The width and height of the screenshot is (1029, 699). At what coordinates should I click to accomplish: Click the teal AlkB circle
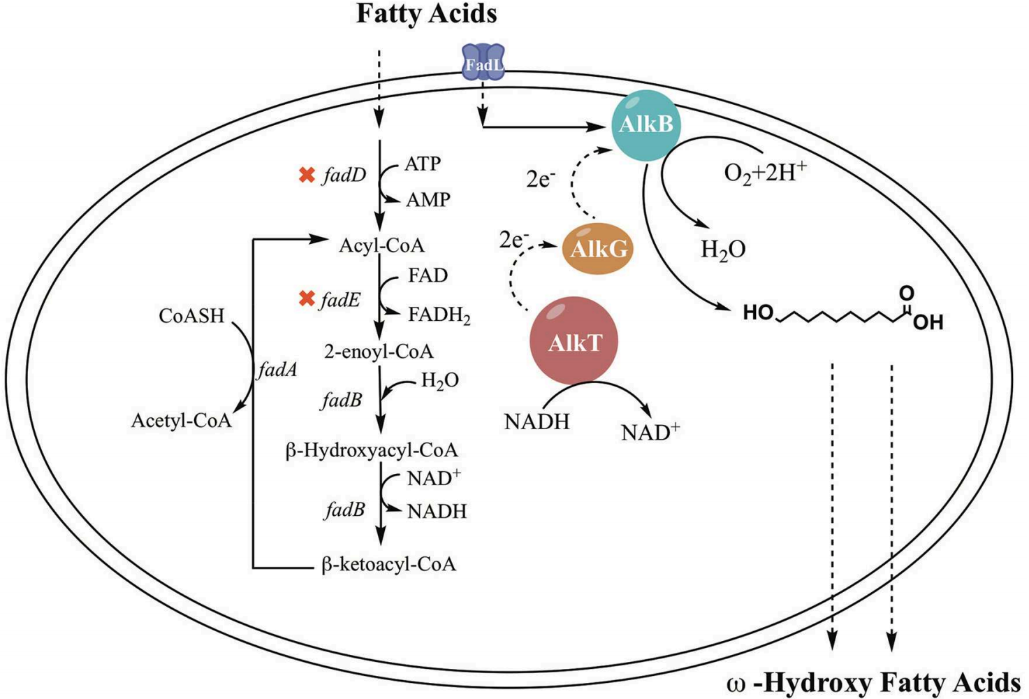point(645,125)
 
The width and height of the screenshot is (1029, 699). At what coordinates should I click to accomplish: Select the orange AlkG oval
point(598,248)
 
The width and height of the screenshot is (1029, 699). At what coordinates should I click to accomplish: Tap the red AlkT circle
point(574,342)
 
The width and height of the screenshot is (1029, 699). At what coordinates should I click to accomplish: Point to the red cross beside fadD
point(307,175)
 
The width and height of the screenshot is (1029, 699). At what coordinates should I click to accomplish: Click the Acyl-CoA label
point(381,245)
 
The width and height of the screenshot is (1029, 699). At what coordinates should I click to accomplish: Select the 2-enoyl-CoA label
point(378,351)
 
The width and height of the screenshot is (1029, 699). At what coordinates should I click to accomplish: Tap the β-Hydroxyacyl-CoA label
point(372,450)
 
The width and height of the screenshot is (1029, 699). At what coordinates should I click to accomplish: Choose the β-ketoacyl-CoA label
point(388,564)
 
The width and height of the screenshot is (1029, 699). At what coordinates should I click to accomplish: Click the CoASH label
point(191,316)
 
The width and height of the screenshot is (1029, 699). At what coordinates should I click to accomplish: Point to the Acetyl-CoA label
point(181,421)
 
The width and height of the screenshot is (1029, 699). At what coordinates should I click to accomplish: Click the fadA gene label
point(277,370)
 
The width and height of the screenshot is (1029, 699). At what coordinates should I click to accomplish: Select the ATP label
point(423,164)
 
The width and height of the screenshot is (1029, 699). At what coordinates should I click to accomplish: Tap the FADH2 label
point(439,315)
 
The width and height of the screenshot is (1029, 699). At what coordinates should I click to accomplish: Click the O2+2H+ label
point(765,172)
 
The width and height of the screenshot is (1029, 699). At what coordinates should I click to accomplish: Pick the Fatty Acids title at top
point(426,14)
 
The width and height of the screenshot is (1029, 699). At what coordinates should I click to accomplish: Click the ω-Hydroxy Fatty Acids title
point(873,682)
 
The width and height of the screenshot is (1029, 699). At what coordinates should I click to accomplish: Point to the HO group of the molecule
point(758,312)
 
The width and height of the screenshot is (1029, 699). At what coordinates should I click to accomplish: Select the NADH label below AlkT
point(537,422)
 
